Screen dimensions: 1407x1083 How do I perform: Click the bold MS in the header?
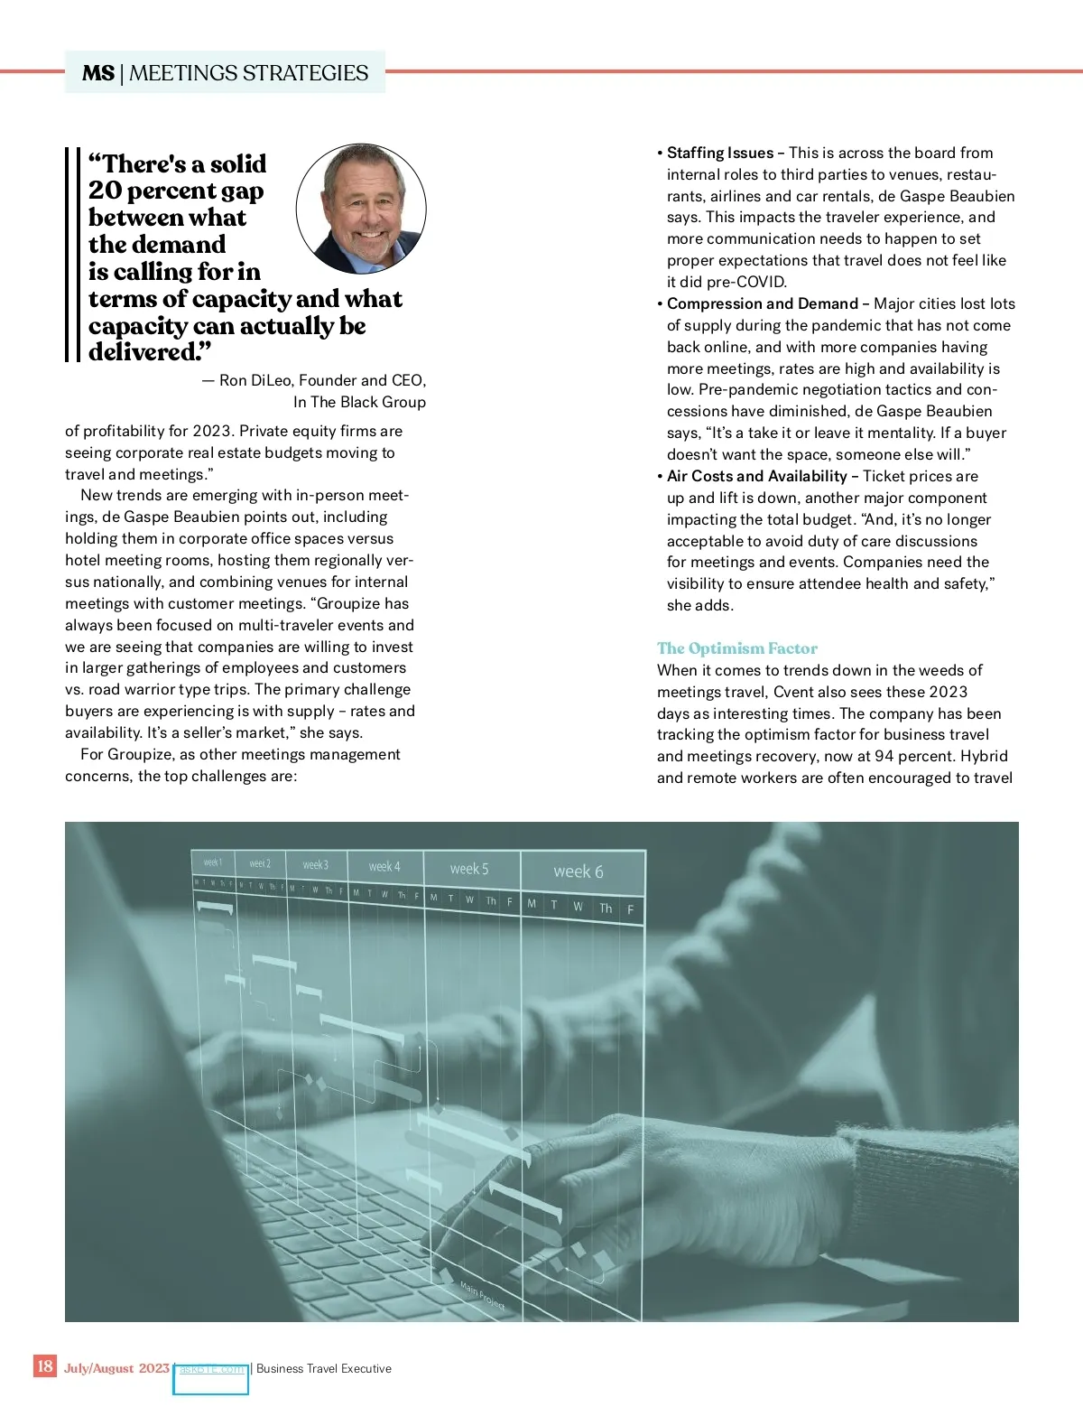click(x=98, y=73)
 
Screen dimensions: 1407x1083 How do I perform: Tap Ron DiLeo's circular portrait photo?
click(x=361, y=209)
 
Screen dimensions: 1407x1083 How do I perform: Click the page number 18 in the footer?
click(x=44, y=1365)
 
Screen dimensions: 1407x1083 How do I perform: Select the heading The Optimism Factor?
click(x=736, y=648)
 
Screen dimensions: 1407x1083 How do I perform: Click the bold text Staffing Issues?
click(x=720, y=153)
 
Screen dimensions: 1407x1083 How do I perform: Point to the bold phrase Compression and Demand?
click(x=763, y=303)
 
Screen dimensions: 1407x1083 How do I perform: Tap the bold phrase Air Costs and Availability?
click(x=757, y=476)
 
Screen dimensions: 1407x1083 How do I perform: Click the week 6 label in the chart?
click(x=579, y=871)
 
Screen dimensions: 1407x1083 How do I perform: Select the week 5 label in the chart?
click(x=469, y=869)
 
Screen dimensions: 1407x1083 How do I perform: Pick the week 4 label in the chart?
click(x=384, y=867)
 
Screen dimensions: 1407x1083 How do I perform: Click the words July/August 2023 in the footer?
click(x=116, y=1368)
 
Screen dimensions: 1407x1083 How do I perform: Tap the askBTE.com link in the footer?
click(x=211, y=1369)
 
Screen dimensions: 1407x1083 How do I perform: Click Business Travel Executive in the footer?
click(x=324, y=1368)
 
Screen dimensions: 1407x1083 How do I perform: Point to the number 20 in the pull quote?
click(x=105, y=191)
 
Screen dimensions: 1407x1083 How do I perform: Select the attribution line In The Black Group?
click(x=359, y=402)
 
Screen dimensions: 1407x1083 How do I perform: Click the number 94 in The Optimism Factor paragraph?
click(x=885, y=756)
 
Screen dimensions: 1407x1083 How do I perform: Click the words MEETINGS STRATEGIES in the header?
click(x=249, y=73)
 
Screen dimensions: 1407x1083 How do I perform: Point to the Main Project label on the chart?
click(x=482, y=1296)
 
